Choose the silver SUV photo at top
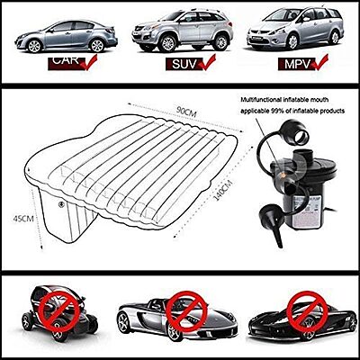176,31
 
